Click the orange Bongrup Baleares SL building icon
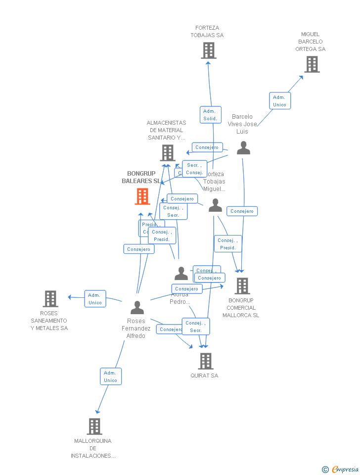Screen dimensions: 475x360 point(142,196)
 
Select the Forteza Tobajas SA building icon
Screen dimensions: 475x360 point(208,50)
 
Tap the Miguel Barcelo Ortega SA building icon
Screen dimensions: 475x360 point(312,64)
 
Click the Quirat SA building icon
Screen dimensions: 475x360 point(206,361)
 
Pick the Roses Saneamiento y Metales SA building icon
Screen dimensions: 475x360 point(50,299)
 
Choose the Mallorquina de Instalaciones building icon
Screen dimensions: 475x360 point(94,426)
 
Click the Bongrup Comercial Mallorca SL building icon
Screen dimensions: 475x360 point(242,285)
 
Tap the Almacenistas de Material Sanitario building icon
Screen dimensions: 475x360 point(168,153)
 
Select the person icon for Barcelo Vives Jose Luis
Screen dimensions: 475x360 point(243,148)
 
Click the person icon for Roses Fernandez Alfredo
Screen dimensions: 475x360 point(137,307)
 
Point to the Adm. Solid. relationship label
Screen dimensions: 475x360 point(210,115)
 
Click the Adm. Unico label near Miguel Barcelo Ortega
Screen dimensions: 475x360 point(279,101)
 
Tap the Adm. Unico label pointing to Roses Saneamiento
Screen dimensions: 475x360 point(95,299)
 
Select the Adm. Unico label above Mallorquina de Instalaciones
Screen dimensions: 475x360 point(110,377)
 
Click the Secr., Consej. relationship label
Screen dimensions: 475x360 point(194,169)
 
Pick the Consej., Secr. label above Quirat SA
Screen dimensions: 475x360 point(196,327)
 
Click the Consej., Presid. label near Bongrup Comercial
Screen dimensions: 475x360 point(228,244)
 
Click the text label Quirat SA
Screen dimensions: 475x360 point(204,376)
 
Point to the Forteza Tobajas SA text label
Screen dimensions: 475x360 point(207,32)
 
